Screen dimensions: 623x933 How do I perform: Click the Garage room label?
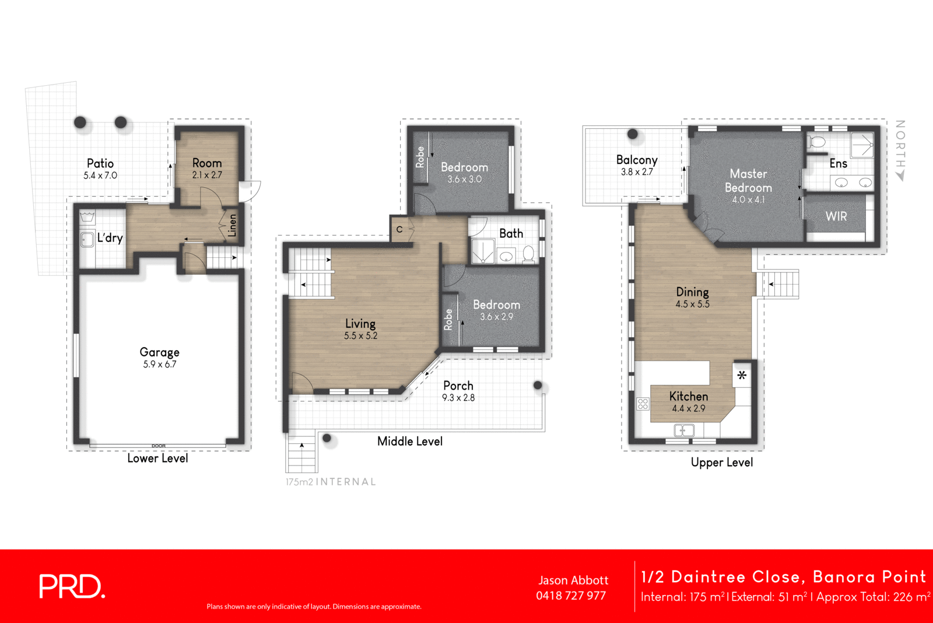(x=159, y=352)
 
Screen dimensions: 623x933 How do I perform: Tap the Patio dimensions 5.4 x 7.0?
(x=100, y=176)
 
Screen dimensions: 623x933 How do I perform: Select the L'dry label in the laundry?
(x=110, y=237)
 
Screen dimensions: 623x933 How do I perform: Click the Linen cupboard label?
(x=233, y=225)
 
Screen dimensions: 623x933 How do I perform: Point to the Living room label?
(x=360, y=323)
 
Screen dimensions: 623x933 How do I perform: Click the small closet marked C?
(x=399, y=229)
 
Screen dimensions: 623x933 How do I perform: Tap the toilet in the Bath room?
(x=528, y=254)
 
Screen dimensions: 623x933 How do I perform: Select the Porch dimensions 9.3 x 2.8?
(x=458, y=398)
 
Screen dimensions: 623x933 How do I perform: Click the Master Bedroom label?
(x=748, y=181)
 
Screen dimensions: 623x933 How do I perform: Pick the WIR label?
(x=836, y=216)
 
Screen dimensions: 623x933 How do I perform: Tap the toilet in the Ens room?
(x=818, y=142)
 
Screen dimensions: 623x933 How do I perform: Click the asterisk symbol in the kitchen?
(x=742, y=376)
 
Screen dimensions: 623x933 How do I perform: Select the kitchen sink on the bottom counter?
(x=684, y=430)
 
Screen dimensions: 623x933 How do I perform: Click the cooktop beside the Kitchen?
(x=643, y=404)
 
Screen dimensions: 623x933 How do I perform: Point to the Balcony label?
(x=637, y=160)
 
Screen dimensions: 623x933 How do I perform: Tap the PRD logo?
(x=72, y=586)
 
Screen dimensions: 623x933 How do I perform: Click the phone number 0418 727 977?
(x=571, y=596)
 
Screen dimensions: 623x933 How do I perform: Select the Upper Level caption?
(x=722, y=463)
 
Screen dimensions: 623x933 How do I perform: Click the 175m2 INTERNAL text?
(x=331, y=482)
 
